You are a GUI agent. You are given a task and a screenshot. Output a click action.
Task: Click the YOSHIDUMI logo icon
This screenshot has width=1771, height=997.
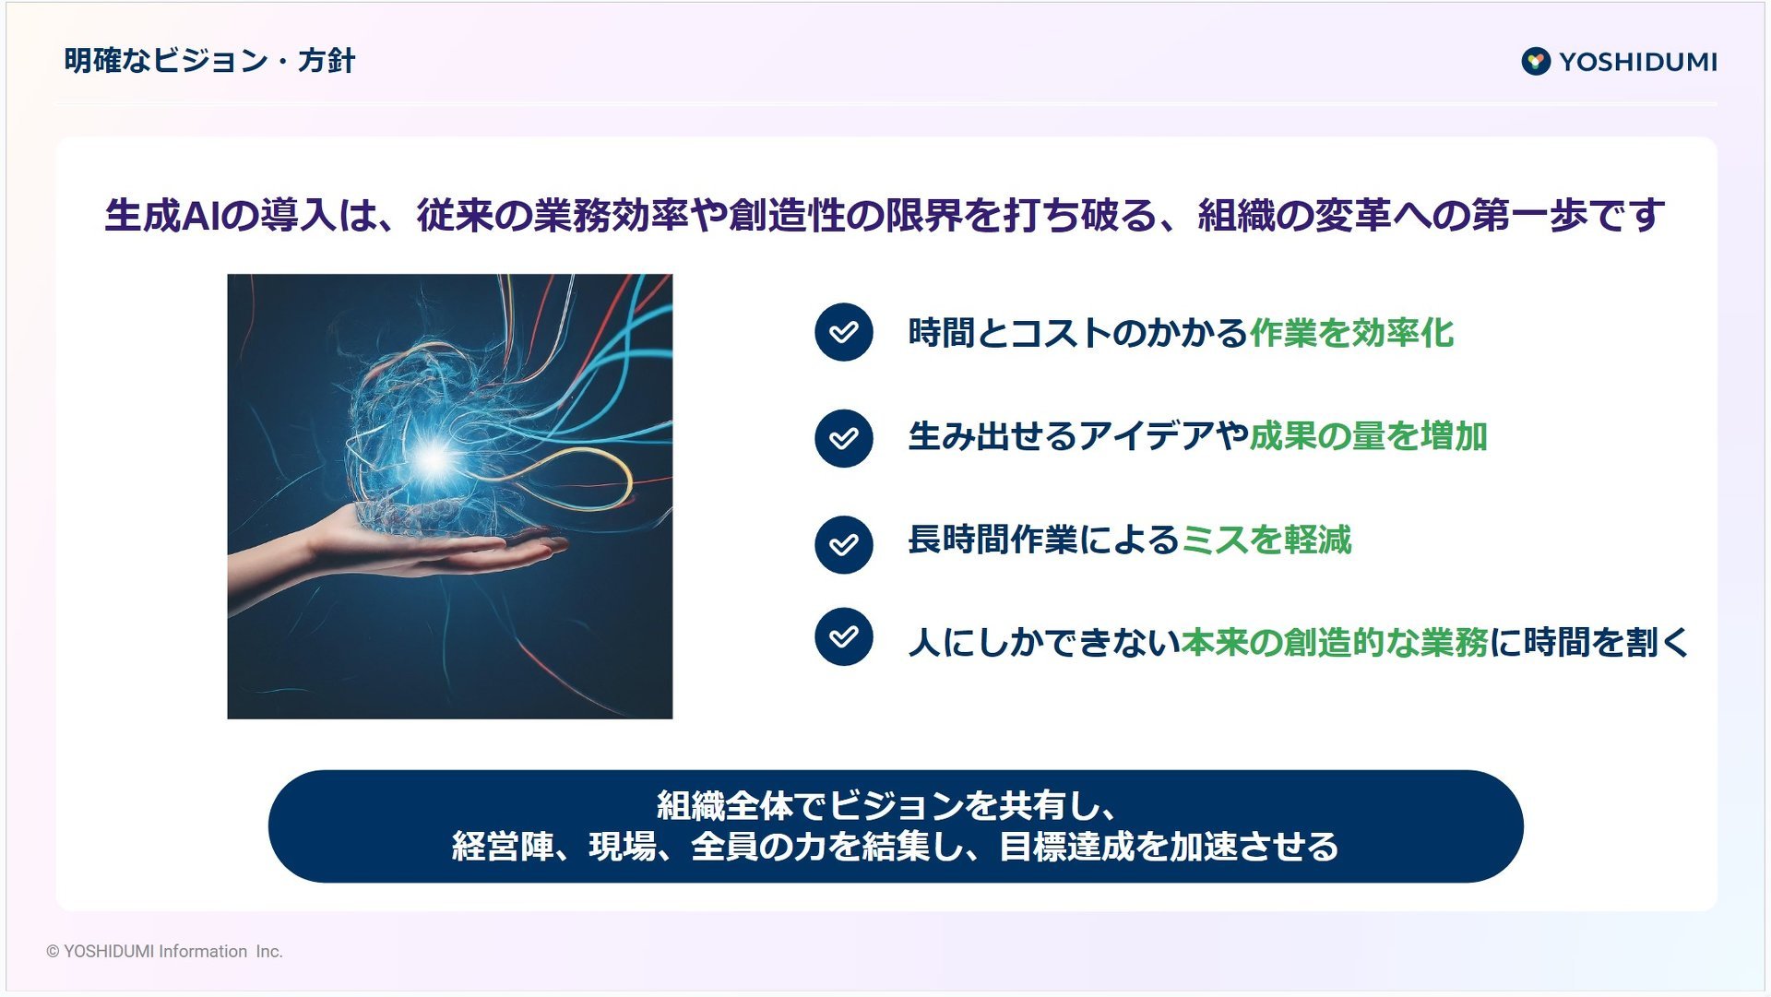pyautogui.click(x=1536, y=62)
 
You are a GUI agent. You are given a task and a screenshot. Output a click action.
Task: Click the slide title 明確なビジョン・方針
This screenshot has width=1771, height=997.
pyautogui.click(x=209, y=61)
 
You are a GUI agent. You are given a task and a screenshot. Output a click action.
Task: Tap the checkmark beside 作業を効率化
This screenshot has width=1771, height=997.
pyautogui.click(x=843, y=332)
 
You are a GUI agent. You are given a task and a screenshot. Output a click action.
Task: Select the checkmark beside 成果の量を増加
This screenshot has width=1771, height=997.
pyautogui.click(x=843, y=438)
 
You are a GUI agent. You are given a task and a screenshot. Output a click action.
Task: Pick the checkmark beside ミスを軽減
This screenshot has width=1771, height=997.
pyautogui.click(x=843, y=544)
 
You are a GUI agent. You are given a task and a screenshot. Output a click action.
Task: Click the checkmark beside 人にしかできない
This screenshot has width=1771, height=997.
pyautogui.click(x=843, y=636)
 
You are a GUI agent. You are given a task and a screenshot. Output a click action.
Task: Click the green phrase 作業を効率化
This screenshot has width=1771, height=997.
pyautogui.click(x=1351, y=333)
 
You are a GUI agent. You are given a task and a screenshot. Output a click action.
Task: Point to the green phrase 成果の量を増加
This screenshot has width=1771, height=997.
pyautogui.click(x=1368, y=436)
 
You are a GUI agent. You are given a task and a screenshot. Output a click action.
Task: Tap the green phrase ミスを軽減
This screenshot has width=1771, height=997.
pyautogui.click(x=1266, y=540)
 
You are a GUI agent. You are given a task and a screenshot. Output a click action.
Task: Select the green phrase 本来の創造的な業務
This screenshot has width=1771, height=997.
pyautogui.click(x=1335, y=643)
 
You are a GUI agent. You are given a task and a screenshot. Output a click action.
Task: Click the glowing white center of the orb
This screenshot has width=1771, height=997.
pyautogui.click(x=434, y=458)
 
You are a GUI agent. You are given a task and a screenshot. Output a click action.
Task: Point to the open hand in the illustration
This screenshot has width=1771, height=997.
pyautogui.click(x=397, y=549)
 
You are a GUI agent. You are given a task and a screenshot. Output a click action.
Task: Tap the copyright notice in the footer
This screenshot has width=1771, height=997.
pyautogui.click(x=164, y=951)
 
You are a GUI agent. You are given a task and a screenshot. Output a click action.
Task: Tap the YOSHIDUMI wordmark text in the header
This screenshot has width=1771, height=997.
pyautogui.click(x=1638, y=62)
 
